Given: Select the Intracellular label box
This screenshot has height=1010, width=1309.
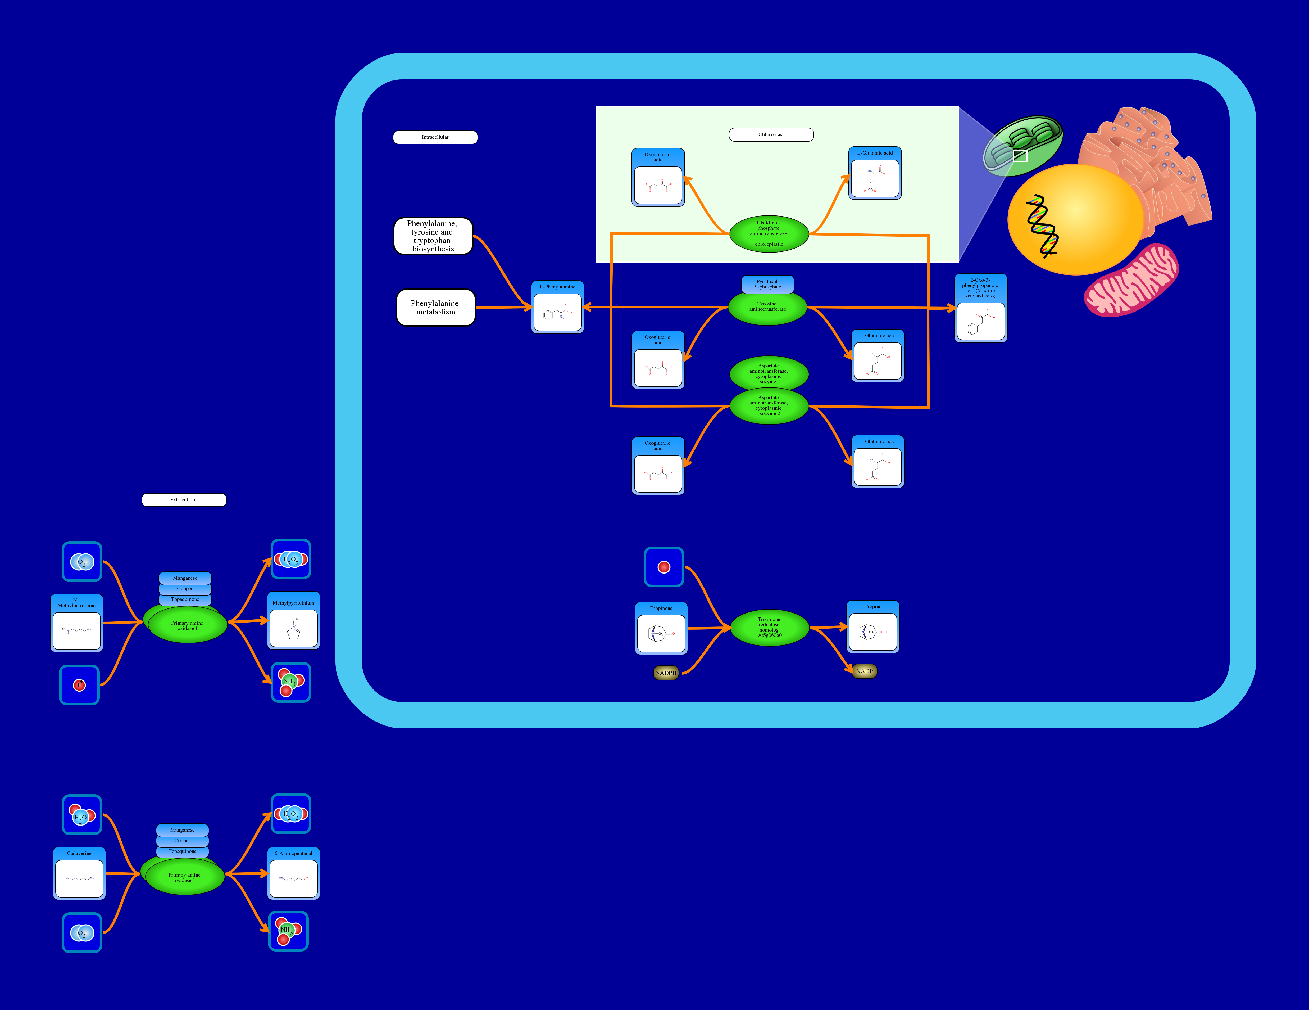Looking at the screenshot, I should tap(435, 137).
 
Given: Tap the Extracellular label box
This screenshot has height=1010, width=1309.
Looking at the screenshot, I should tap(184, 500).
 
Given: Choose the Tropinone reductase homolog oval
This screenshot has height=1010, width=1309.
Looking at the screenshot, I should tap(770, 627).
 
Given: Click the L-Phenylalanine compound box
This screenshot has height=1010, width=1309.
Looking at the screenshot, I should tap(557, 307).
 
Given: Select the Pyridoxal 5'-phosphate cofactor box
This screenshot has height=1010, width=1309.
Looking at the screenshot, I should tap(767, 284).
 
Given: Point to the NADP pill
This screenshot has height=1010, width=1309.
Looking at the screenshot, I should tap(864, 671).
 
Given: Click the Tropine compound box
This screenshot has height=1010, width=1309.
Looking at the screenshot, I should tap(873, 627).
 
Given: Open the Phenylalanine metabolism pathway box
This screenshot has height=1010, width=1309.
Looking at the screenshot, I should tap(436, 308).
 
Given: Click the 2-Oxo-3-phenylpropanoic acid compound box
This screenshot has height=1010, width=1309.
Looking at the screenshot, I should tap(980, 308).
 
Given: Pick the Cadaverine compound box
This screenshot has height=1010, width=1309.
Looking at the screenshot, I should tap(79, 873).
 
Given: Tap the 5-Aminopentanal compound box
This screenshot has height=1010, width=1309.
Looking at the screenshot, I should tap(294, 873).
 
